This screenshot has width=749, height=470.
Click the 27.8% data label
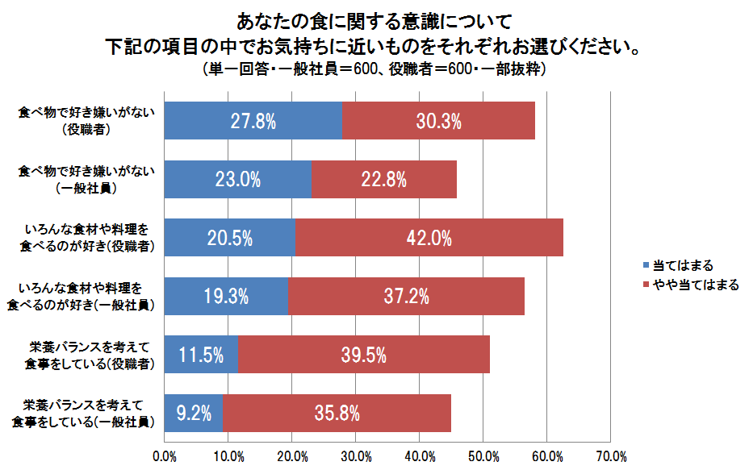coord(253,121)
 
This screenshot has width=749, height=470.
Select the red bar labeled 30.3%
coord(439,121)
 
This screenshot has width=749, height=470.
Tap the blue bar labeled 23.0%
coord(237,179)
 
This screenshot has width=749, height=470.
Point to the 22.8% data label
coord(383,179)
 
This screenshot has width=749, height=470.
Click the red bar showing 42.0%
coord(429,238)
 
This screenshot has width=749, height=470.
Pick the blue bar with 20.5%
coord(230,238)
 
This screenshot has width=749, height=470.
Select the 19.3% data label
coord(226,296)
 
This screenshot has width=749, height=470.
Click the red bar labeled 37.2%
coord(406,296)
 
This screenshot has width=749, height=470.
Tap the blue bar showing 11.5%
coord(201,355)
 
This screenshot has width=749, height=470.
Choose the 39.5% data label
coord(364,355)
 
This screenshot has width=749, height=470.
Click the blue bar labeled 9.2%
coord(194,414)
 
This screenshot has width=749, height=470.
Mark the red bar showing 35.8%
coord(337,414)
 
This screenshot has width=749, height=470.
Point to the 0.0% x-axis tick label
coord(165,457)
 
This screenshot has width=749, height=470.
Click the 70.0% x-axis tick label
coord(611,457)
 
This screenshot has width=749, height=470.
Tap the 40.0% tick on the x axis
coord(420,457)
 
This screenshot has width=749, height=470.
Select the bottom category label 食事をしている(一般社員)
coord(83,421)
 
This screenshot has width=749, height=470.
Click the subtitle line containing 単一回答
coord(375,69)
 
